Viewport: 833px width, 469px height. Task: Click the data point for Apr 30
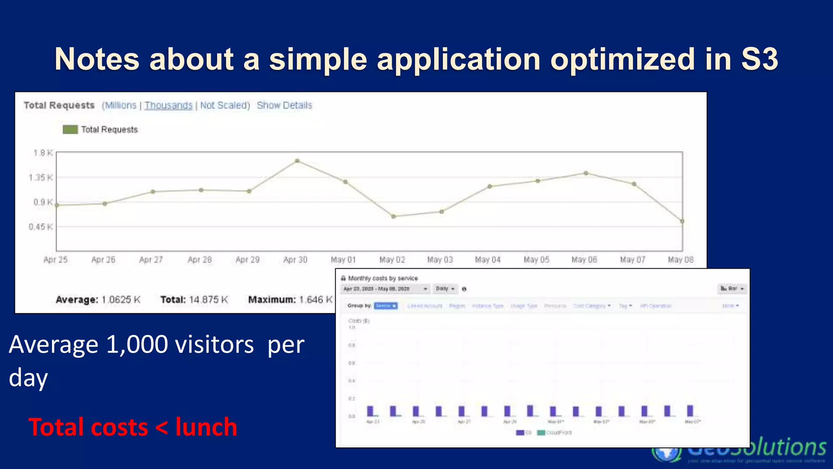(297, 161)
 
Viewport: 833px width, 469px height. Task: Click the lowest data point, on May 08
(682, 221)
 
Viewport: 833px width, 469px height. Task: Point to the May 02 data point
(393, 217)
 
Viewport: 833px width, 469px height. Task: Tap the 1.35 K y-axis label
(41, 178)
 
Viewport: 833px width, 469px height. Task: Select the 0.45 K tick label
(41, 227)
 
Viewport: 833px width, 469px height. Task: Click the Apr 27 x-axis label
(151, 260)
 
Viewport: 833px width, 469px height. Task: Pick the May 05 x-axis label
(536, 260)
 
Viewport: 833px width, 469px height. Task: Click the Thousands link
(168, 105)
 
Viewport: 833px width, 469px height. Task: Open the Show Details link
(284, 105)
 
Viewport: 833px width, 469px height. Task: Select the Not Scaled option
(225, 105)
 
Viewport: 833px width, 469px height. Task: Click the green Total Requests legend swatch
(70, 129)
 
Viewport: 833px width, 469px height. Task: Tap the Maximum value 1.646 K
(316, 300)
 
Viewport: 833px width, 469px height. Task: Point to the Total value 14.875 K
(208, 300)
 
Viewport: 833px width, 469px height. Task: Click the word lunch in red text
(206, 427)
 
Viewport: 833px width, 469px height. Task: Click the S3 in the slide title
(759, 59)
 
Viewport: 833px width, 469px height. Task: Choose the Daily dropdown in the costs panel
(445, 289)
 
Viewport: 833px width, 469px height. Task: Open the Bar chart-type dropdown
(732, 289)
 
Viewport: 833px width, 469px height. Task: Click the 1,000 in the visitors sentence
(137, 344)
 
